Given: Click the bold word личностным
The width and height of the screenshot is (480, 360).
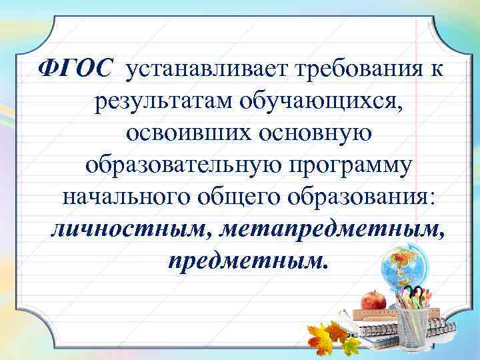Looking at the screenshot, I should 130,230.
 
